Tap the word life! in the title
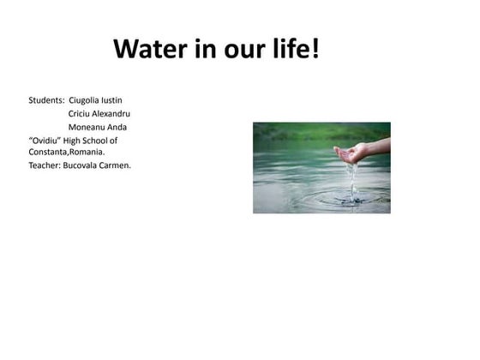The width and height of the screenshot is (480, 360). pyautogui.click(x=293, y=50)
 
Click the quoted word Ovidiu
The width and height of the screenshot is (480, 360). pyautogui.click(x=44, y=140)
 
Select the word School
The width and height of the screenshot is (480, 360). pyautogui.click(x=95, y=140)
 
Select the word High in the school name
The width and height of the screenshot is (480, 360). pyautogui.click(x=69, y=140)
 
